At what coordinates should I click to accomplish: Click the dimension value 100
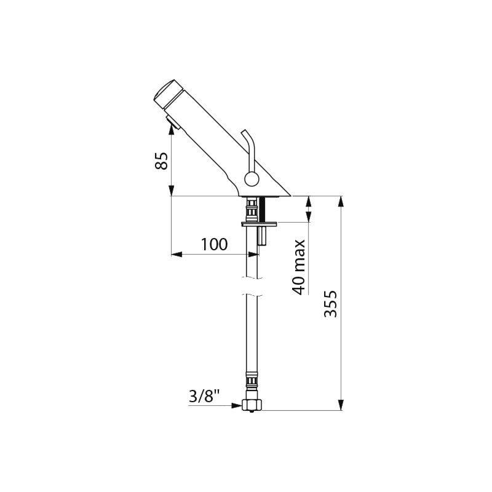coord(213,244)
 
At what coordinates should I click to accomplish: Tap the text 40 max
coord(300,267)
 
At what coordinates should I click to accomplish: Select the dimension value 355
coord(330,304)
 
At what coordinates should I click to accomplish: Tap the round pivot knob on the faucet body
coord(252,180)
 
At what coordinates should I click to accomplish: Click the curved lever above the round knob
coord(247,148)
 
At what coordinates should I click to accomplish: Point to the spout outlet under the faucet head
coord(172,125)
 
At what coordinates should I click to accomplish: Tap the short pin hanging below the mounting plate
coord(262,235)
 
